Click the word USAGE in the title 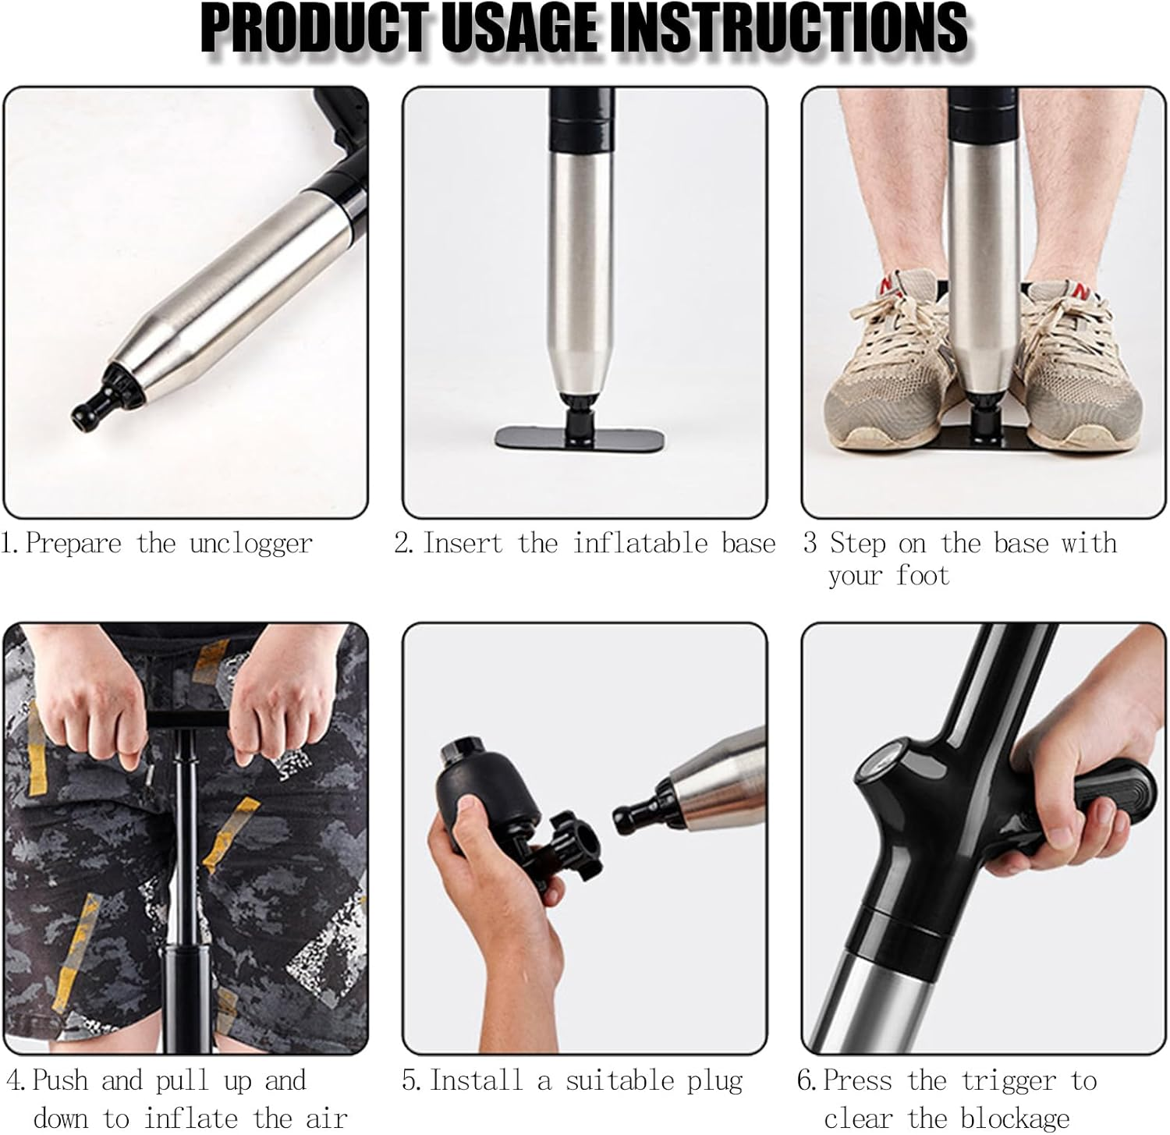525,29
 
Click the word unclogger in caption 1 250,544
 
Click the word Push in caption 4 60,1081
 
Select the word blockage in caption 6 1015,1118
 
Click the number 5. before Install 412,1081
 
